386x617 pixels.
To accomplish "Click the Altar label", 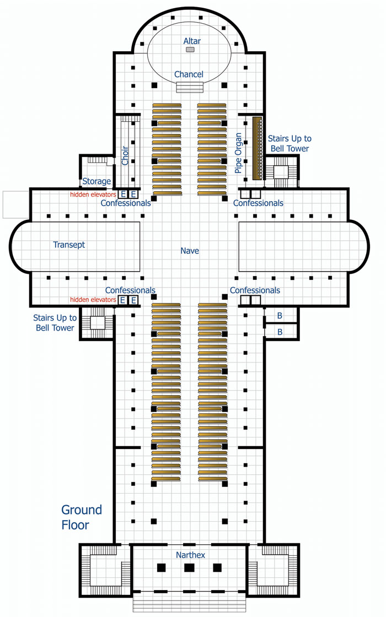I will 192,41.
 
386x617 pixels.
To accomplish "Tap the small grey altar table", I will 190,50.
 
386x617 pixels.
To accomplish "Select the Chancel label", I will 189,74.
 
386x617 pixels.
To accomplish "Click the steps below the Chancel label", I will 190,87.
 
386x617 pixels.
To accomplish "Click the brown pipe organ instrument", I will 256,148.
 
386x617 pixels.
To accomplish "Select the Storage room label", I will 96,181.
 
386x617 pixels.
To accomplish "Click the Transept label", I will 69,245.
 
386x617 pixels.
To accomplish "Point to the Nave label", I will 190,251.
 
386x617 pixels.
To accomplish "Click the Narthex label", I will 190,555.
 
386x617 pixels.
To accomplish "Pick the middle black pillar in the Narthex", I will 189,567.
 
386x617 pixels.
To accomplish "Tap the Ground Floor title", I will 81,517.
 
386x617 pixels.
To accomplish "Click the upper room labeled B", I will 280,316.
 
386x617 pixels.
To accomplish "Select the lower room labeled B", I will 280,332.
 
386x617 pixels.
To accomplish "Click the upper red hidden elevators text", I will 93,194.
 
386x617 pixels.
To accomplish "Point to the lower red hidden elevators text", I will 93,300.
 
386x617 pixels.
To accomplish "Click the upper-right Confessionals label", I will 258,203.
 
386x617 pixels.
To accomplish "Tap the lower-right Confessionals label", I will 255,290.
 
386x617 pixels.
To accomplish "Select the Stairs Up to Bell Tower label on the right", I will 288,143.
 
